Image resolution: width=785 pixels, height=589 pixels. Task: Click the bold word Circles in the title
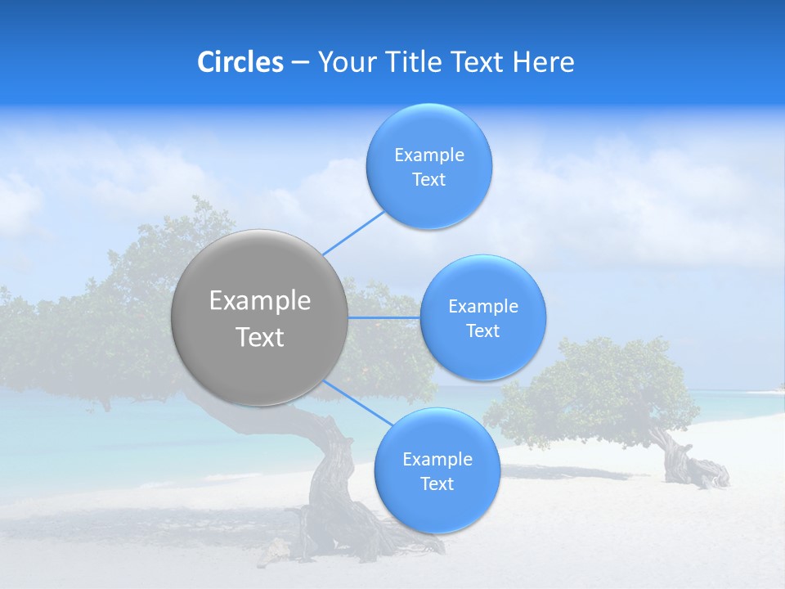[x=240, y=62]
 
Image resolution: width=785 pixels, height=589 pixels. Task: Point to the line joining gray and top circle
[x=353, y=233]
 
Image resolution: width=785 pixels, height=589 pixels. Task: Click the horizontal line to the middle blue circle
[x=384, y=317]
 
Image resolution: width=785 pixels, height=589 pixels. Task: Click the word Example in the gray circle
[x=259, y=300]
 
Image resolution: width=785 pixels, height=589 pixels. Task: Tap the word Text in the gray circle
[x=259, y=337]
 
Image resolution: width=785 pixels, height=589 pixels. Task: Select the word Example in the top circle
[x=428, y=155]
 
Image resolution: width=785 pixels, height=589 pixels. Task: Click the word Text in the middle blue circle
[x=482, y=330]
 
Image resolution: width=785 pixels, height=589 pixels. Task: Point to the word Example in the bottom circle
[x=437, y=459]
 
